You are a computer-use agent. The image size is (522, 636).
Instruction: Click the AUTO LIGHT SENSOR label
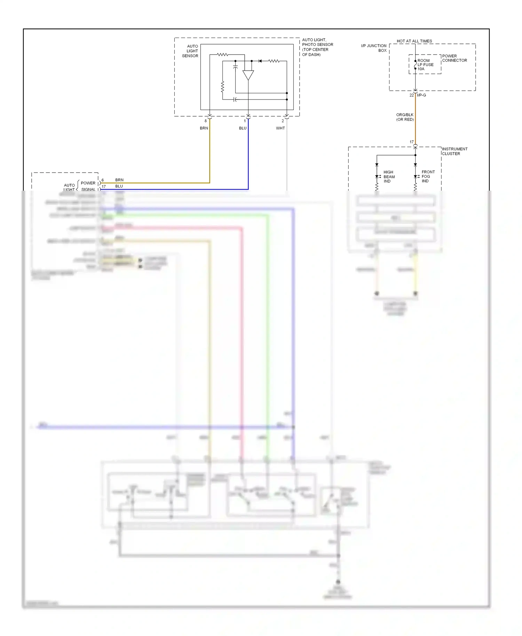190,51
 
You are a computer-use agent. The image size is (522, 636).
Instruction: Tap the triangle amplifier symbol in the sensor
248,75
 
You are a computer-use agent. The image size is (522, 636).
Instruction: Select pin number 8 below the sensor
205,121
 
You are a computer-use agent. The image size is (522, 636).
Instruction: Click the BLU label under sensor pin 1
243,128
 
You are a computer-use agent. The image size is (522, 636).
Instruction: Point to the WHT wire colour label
280,128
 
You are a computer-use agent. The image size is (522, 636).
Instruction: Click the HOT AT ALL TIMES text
414,41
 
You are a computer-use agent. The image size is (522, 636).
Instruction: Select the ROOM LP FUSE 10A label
425,65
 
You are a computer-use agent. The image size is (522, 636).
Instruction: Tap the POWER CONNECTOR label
454,58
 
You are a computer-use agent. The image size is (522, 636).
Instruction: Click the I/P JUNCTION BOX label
374,48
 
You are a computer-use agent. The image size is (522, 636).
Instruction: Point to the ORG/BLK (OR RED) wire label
405,117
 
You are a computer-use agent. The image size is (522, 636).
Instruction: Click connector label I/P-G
421,95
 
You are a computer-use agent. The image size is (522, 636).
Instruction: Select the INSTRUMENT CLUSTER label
454,151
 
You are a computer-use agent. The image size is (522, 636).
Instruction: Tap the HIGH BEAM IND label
389,176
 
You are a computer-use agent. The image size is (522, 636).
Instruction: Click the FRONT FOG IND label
428,176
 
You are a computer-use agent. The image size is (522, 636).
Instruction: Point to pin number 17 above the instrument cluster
411,142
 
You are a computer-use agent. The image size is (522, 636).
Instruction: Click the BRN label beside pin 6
119,180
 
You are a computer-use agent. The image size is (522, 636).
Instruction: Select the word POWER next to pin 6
88,183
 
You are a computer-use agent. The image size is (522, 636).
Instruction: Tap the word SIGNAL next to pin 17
88,189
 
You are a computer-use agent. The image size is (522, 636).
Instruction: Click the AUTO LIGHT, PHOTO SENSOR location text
317,47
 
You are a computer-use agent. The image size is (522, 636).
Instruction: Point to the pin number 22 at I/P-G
411,95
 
